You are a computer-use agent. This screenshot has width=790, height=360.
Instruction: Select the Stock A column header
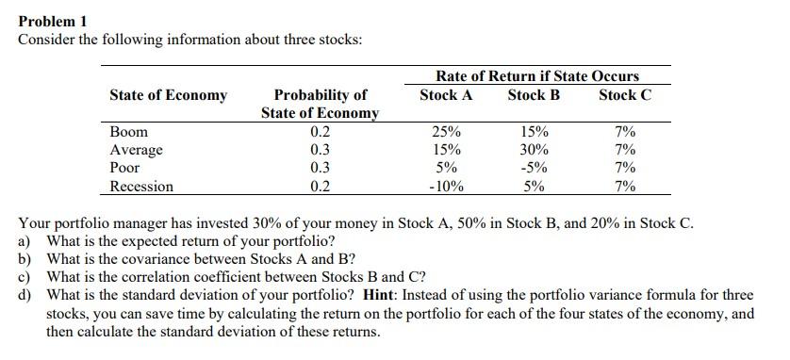445,95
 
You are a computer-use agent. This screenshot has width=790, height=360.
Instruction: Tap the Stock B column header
533,95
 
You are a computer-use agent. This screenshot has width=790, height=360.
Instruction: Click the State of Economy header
168,95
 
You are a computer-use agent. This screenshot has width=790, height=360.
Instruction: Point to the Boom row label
128,132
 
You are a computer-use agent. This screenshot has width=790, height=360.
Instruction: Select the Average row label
136,150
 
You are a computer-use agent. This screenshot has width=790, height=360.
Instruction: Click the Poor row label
124,168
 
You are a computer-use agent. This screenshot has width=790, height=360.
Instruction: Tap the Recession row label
141,186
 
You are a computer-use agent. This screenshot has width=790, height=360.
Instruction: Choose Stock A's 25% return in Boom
445,132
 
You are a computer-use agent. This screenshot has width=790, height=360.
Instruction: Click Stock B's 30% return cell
534,150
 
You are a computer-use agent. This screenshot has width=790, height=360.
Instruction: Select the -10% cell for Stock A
445,186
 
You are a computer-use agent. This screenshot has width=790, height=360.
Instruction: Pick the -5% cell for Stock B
534,168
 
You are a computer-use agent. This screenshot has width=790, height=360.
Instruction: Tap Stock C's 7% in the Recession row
624,186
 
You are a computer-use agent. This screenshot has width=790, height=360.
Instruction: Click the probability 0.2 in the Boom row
320,132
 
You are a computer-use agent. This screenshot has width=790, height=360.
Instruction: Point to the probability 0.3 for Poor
320,168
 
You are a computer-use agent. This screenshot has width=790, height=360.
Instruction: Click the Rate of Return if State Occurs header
536,75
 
